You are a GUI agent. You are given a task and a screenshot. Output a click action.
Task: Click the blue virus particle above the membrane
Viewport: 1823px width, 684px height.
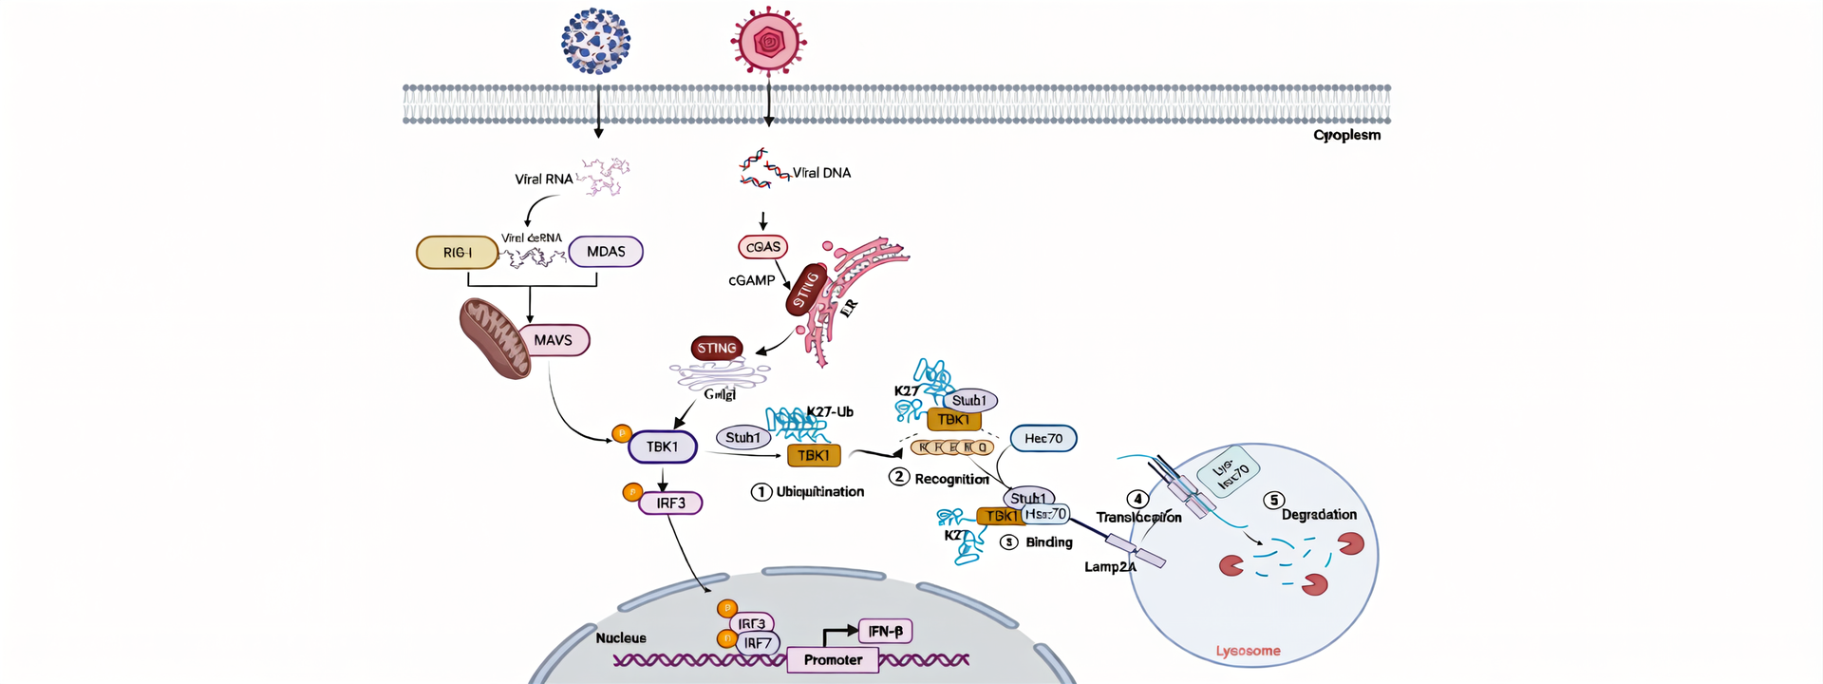(x=595, y=42)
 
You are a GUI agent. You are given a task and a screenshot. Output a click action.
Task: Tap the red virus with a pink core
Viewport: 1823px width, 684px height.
(x=768, y=42)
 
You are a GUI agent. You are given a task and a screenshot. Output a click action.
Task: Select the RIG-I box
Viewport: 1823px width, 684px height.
(x=457, y=253)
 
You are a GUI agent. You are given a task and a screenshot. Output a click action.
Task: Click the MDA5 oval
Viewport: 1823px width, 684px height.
(x=606, y=252)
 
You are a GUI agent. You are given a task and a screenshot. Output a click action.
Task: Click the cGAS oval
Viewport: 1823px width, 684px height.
(x=762, y=247)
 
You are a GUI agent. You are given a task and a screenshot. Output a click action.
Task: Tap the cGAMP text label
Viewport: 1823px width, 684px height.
(x=751, y=280)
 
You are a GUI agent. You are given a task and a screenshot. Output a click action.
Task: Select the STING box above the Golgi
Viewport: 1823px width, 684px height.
(x=717, y=349)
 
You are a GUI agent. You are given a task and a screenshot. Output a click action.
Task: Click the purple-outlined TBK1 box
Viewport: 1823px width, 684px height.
(x=663, y=446)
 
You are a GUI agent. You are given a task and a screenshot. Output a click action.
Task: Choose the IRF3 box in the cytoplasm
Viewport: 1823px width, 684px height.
(x=670, y=503)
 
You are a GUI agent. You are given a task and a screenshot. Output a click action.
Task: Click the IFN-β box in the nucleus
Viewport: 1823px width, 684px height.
(x=885, y=631)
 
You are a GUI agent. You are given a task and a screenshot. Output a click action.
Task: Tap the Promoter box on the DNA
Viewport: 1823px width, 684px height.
(x=833, y=660)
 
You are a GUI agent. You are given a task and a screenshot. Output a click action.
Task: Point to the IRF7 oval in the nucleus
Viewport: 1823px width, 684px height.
(x=758, y=644)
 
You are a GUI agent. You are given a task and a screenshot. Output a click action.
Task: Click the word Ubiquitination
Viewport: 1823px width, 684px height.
(x=820, y=492)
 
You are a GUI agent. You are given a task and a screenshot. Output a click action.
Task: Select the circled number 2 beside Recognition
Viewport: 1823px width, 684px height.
(x=898, y=477)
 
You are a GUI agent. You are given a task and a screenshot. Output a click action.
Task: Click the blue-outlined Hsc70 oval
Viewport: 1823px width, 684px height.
(x=1043, y=439)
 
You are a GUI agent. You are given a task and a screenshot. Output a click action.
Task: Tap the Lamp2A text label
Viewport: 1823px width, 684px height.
(x=1110, y=567)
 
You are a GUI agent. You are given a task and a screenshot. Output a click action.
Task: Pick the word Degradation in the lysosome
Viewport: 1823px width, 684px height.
(x=1319, y=515)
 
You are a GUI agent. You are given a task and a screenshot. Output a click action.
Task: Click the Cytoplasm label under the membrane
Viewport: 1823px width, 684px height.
(x=1346, y=135)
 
